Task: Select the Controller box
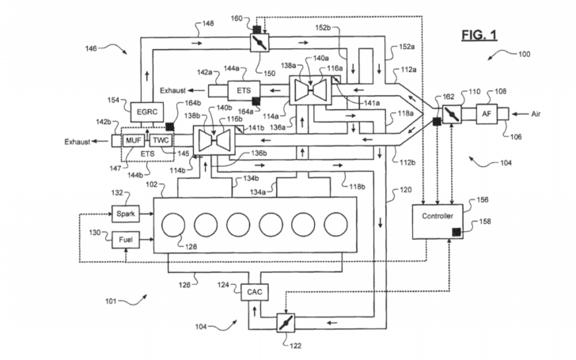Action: [438, 215]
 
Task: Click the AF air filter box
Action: [489, 113]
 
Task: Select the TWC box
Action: [161, 140]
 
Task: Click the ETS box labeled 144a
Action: [243, 89]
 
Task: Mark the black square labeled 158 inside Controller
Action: [457, 232]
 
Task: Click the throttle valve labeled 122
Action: [282, 323]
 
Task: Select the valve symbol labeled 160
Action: [260, 43]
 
